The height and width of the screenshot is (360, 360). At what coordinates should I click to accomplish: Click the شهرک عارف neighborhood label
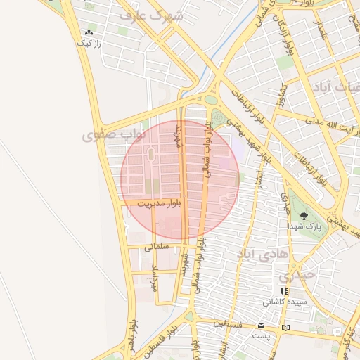click(x=150, y=14)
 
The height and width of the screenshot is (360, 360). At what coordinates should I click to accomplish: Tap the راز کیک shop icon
click(x=89, y=32)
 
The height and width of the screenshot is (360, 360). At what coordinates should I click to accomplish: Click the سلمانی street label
click(x=157, y=247)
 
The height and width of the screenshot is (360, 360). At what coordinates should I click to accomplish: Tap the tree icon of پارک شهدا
click(x=304, y=217)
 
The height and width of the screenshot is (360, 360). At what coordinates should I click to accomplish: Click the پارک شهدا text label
click(x=304, y=228)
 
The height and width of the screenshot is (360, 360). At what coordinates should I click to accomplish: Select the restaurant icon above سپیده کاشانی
click(x=284, y=291)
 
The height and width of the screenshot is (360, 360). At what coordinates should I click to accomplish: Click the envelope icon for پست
click(x=262, y=326)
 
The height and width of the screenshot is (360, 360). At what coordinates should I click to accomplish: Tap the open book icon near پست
click(x=285, y=327)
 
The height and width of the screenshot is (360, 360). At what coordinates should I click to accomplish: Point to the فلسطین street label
click(x=231, y=325)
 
